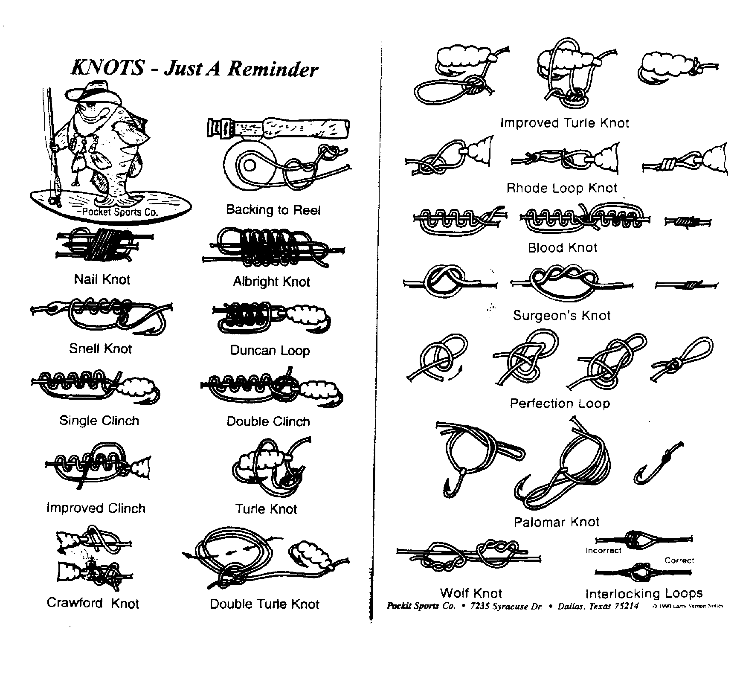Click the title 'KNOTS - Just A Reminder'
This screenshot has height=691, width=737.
(194, 69)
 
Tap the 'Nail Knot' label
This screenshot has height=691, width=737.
(102, 279)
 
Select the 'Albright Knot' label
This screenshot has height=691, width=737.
(271, 282)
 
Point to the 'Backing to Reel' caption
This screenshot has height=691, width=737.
(273, 210)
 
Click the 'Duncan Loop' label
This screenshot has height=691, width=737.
(270, 351)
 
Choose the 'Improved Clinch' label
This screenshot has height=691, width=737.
(96, 508)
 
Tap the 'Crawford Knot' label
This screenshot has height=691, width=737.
(93, 603)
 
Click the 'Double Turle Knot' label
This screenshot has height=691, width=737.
(264, 604)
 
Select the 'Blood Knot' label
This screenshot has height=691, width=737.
(563, 247)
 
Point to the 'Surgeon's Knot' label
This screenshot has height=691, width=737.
(562, 316)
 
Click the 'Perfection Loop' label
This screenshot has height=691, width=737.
(560, 403)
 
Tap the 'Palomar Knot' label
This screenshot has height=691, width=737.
(557, 522)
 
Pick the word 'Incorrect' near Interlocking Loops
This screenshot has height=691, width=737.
(603, 551)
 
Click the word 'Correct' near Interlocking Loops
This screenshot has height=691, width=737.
(679, 560)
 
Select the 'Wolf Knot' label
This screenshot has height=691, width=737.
(471, 593)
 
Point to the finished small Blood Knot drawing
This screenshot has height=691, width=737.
(688, 221)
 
